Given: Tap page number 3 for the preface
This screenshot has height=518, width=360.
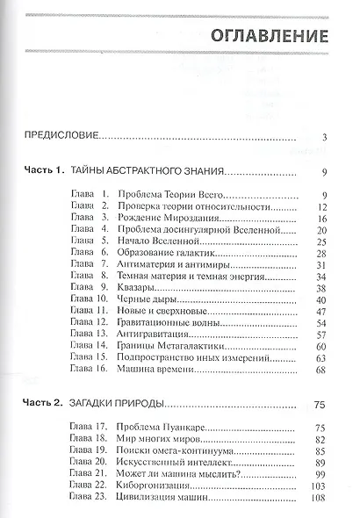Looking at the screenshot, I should click(x=324, y=136).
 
